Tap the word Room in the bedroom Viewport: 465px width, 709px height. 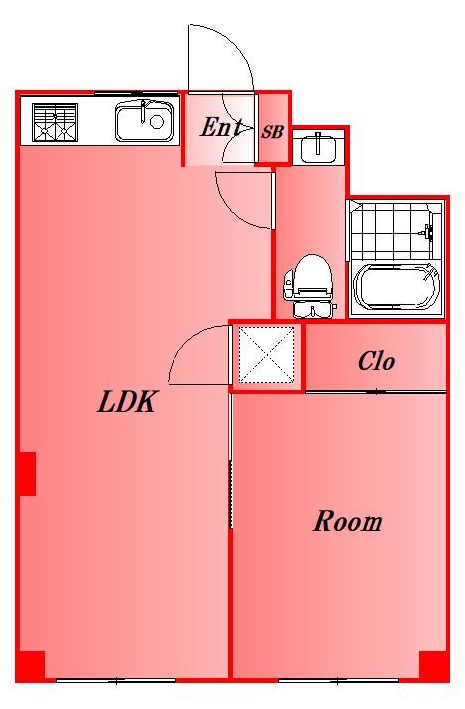[x=348, y=521]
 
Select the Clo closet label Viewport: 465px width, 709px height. [x=377, y=361]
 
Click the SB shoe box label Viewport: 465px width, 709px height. [x=273, y=130]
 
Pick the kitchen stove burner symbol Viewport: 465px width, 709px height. [x=55, y=121]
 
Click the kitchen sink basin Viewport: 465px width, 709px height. [x=145, y=122]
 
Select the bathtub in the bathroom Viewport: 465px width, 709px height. [x=397, y=289]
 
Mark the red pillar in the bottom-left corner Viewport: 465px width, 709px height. [x=30, y=665]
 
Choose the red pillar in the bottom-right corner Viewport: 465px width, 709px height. [x=434, y=665]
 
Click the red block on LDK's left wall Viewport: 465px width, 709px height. [x=27, y=473]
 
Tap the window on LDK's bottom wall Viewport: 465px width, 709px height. [x=116, y=680]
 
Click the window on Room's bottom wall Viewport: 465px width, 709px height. [x=337, y=680]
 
